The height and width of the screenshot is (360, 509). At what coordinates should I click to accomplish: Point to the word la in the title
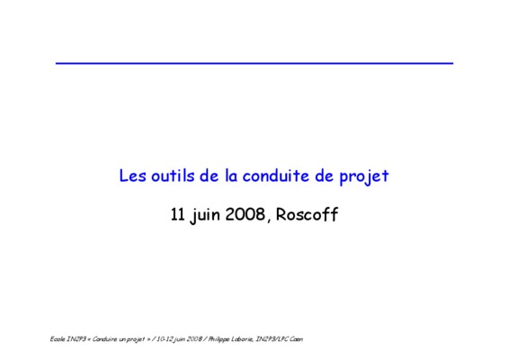point(231,175)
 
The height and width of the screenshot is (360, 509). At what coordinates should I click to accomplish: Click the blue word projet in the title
point(364,177)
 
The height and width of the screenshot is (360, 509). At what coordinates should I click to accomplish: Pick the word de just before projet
point(324,175)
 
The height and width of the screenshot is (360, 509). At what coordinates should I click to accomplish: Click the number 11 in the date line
point(177,214)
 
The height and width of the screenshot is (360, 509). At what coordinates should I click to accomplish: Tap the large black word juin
point(205,216)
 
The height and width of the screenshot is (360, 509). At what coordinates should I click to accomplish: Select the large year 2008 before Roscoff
point(246,214)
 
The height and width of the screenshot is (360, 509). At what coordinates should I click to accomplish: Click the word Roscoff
point(307,214)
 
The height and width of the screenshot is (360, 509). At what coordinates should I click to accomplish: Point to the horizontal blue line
point(254,63)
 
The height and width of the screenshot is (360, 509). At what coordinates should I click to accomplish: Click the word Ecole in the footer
point(58,339)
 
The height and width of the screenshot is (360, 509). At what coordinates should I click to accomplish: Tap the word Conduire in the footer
point(104,339)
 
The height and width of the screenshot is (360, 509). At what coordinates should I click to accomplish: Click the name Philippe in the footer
point(219,339)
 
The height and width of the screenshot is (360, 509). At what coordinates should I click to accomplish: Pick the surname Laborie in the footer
point(242,339)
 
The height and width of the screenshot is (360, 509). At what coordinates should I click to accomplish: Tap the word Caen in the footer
point(297,339)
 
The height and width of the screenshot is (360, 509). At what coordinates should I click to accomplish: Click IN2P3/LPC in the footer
point(272,339)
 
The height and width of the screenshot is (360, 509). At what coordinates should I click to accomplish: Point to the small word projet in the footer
point(136,339)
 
